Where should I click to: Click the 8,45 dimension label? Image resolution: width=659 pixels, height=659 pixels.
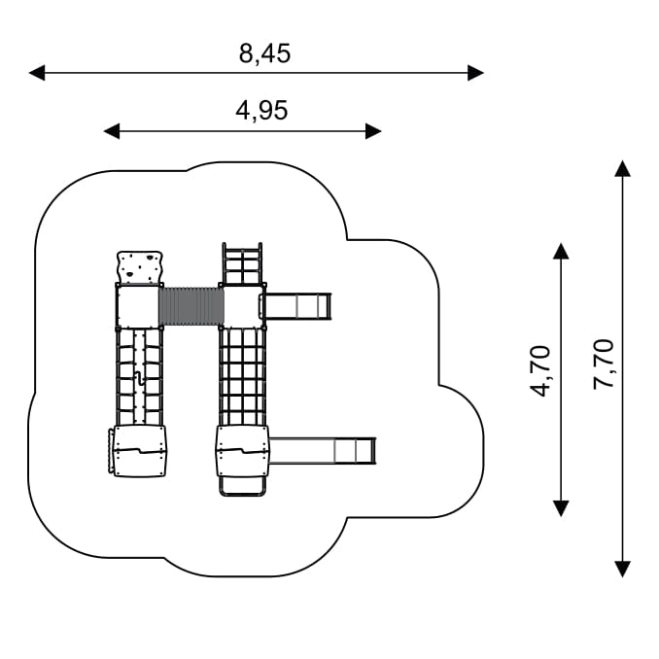point(264,53)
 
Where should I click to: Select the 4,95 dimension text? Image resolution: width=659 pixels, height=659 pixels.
point(261,111)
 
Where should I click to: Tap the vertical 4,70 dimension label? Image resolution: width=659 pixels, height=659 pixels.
point(540,370)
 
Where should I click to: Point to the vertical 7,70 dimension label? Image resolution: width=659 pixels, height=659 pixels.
point(604,364)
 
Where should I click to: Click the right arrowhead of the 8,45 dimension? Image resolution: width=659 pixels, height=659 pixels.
point(475,72)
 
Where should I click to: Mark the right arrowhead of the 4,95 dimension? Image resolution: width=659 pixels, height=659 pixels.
point(373,131)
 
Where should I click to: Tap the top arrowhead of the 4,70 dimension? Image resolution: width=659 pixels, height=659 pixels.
point(561,251)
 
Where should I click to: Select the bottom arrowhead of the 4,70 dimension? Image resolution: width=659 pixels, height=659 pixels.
point(561,507)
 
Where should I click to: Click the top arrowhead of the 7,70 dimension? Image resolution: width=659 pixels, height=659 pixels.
point(623,168)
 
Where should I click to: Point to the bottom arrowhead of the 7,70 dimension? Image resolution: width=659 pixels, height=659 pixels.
point(623,569)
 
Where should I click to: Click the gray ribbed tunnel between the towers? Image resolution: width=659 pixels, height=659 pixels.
point(191,306)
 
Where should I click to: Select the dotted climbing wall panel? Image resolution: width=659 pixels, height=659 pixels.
point(140,266)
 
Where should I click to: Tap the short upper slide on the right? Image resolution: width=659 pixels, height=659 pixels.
point(297,307)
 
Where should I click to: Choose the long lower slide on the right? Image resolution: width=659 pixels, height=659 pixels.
point(321,451)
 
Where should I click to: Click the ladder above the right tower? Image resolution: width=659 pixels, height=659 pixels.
point(243,262)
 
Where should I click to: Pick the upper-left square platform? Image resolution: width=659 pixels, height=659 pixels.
point(138,307)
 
